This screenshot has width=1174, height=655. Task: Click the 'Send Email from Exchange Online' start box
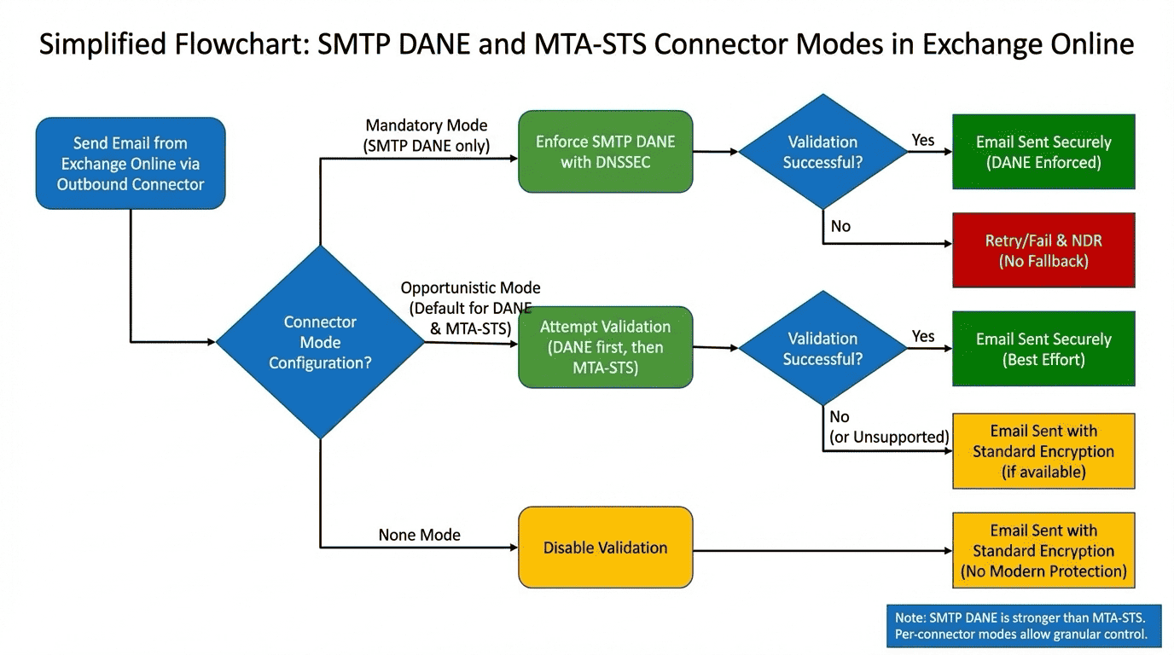pos(131,164)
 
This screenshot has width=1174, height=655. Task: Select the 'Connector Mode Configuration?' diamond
pos(320,343)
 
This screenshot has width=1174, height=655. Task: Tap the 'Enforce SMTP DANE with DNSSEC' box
pos(605,152)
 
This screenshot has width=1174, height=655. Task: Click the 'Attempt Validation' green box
pos(605,347)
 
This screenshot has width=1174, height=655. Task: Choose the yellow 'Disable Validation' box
pos(605,548)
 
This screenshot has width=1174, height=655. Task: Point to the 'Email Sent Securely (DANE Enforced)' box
pos(1043,152)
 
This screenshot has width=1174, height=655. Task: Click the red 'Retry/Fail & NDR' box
pos(1043,251)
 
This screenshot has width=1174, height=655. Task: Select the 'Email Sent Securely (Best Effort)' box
pos(1043,349)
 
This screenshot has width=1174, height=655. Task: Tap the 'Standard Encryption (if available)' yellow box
pos(1043,451)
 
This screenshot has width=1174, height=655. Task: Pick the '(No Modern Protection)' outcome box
pos(1043,550)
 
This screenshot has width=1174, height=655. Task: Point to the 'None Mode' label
pos(419,535)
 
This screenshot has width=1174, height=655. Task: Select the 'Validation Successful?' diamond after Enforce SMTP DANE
pos(822,152)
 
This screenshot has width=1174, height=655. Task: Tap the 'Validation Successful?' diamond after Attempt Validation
pos(822,349)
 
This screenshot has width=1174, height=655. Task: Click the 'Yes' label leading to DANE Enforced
pos(922,140)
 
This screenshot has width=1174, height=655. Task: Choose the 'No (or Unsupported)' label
pos(888,427)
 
